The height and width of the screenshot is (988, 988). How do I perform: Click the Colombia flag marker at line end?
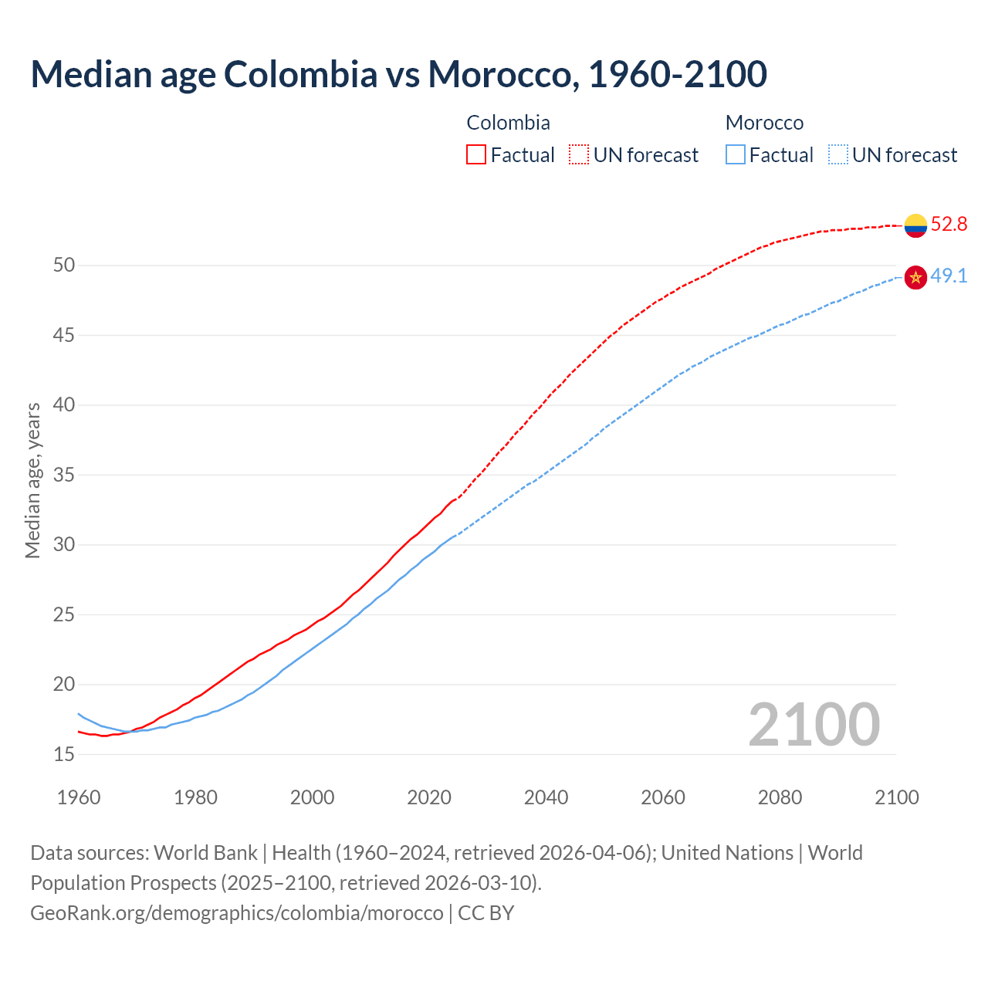[x=915, y=225]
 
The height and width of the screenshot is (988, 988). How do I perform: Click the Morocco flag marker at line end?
[x=915, y=277]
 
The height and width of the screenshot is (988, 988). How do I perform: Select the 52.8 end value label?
[x=949, y=225]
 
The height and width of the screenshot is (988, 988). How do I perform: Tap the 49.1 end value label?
[x=949, y=276]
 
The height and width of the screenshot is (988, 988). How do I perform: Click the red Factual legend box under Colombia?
[x=476, y=154]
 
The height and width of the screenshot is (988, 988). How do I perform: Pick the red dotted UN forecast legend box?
[x=579, y=154]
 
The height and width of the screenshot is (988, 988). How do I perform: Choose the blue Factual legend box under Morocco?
[x=736, y=154]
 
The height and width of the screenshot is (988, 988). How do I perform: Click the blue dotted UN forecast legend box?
[x=838, y=154]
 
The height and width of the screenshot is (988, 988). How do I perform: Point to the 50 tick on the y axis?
[x=64, y=266]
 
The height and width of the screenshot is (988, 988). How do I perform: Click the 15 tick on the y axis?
[x=64, y=754]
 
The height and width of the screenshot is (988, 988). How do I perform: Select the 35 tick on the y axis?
[x=64, y=475]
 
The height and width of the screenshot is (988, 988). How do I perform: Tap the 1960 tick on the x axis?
[x=79, y=797]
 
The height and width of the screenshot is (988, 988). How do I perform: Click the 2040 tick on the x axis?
[x=546, y=797]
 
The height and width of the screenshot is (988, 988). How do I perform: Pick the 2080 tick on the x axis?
[x=780, y=797]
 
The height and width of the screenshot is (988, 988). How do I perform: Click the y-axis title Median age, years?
[x=32, y=480]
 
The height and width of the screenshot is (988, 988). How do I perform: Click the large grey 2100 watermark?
[x=814, y=724]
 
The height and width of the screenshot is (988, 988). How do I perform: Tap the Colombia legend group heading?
[x=508, y=123]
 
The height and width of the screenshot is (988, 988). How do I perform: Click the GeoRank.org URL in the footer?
[x=237, y=913]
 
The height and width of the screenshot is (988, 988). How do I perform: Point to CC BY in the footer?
[x=486, y=913]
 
